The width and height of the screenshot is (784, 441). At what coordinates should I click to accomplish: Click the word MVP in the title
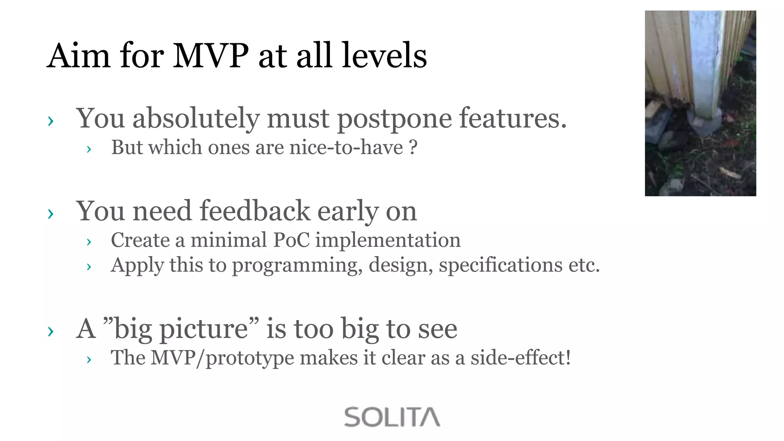[211, 56]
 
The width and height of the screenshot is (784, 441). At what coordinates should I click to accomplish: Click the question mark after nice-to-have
[413, 147]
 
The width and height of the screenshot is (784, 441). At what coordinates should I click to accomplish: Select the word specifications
[500, 266]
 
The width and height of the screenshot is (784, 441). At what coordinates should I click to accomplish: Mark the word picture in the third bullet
[203, 329]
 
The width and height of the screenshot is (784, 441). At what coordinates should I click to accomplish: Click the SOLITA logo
[392, 417]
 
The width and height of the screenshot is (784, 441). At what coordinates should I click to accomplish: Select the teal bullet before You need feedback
[51, 214]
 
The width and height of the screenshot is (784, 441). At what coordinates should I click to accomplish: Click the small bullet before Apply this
[89, 267]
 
